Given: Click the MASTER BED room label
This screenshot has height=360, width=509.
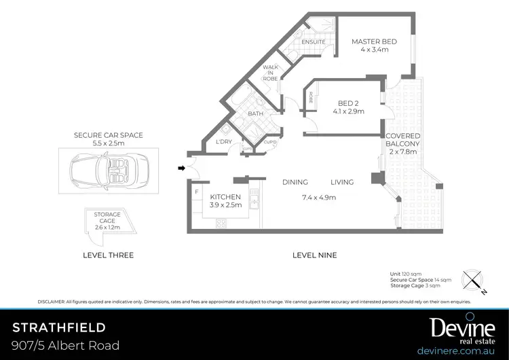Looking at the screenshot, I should [x=374, y=42].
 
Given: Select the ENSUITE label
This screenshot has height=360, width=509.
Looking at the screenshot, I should [x=313, y=42].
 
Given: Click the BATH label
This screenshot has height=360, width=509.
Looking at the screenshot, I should [x=255, y=113].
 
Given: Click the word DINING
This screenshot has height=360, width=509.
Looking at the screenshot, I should [x=295, y=182].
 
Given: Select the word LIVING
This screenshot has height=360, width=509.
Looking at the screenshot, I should [x=343, y=182].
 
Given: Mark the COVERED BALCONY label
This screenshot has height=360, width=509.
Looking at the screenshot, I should [x=403, y=143].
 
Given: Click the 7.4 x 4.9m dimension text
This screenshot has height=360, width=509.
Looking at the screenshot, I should [x=319, y=198].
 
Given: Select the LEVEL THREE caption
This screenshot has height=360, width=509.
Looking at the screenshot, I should [x=108, y=255].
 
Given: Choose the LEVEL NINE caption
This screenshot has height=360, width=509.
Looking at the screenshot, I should [x=314, y=255].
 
